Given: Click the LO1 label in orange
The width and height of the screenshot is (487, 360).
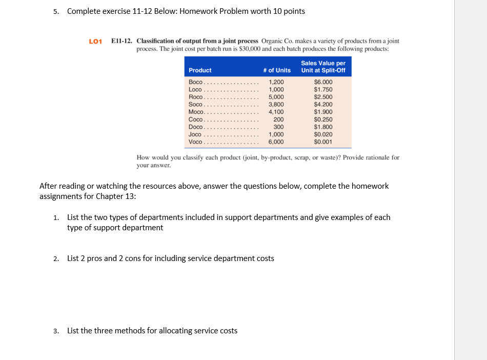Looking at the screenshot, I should [x=96, y=41].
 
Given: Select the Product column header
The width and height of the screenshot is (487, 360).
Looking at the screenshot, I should [x=200, y=70].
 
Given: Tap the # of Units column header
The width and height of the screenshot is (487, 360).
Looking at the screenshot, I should [x=277, y=70].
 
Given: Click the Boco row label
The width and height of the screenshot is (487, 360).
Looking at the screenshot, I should [x=196, y=82].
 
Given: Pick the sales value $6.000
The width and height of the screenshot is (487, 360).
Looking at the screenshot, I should [x=323, y=82].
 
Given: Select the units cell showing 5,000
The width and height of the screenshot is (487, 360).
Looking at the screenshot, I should [x=276, y=97].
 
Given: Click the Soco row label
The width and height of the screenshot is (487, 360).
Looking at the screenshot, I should [x=196, y=104].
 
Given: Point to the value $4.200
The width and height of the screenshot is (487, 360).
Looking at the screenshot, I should [x=323, y=104].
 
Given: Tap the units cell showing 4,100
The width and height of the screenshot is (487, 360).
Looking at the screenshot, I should [x=276, y=112].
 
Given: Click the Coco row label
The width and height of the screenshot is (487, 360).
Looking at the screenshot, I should [x=196, y=119].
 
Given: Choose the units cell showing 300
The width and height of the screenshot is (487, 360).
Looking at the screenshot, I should [x=278, y=127].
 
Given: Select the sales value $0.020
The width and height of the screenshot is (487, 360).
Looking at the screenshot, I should [x=323, y=134].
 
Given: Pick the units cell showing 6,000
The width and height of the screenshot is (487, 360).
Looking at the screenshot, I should [x=276, y=142].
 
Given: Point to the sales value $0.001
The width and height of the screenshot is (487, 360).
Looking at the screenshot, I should [x=323, y=142].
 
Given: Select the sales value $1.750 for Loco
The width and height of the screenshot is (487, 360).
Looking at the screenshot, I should [x=323, y=89].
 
